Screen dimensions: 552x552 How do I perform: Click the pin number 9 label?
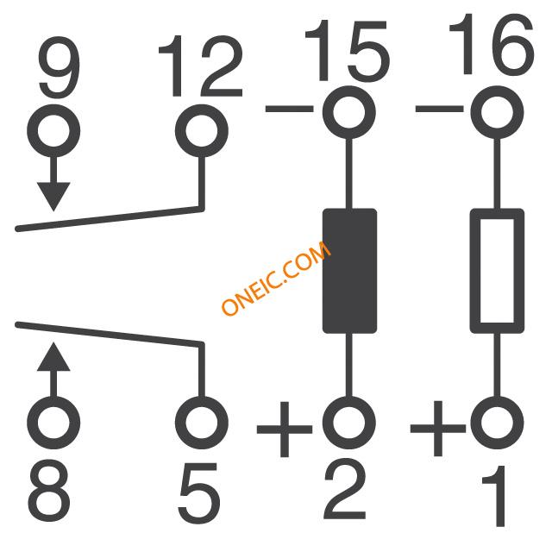click(x=60, y=67)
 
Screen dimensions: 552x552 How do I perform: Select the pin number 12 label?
click(x=201, y=66)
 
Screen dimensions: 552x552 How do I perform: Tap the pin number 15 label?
click(x=347, y=51)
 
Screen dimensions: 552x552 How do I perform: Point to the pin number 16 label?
click(x=492, y=44)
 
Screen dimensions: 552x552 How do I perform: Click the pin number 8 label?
click(x=49, y=492)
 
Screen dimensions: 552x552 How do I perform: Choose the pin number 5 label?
click(x=199, y=492)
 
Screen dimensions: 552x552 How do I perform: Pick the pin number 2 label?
click(x=345, y=489)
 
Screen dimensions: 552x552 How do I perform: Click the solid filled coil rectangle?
click(x=349, y=271)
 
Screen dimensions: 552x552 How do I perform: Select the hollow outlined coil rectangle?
click(x=475, y=271)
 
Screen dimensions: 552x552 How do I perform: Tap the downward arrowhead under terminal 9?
click(x=53, y=197)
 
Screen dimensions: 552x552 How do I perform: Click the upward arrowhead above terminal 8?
click(x=53, y=356)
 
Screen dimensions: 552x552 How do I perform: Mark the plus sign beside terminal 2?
click(x=285, y=429)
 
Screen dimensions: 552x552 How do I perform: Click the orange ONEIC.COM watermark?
click(x=276, y=278)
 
